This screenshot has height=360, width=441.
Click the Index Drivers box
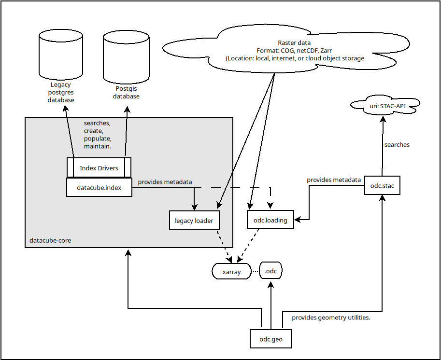99,168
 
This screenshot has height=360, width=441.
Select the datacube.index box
99,187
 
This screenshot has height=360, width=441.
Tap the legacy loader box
194,221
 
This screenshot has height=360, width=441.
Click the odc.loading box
270,220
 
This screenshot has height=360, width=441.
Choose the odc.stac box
382,185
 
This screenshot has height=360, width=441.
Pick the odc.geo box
271,339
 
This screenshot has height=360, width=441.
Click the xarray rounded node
231,272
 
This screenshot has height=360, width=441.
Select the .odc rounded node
270,271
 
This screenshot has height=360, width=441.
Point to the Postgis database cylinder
126,55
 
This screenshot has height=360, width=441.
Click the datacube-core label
50,240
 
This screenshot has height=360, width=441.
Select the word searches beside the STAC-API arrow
397,144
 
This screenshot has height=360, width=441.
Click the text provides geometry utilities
331,318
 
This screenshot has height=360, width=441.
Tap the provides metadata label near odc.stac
334,180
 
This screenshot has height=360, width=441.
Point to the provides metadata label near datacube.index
165,182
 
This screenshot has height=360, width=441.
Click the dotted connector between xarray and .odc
255,272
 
